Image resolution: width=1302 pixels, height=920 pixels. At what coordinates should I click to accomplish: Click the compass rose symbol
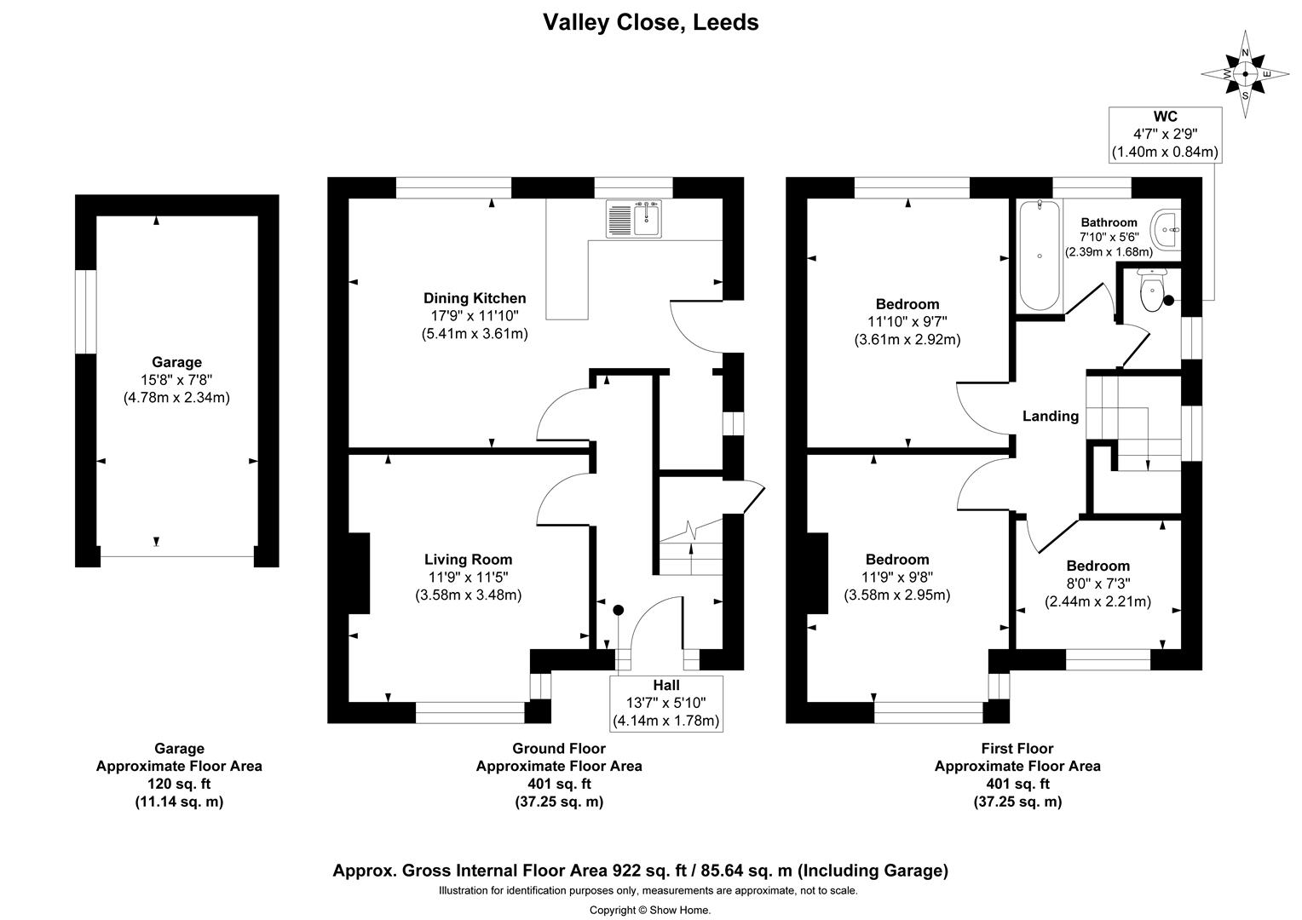pyautogui.click(x=1245, y=74)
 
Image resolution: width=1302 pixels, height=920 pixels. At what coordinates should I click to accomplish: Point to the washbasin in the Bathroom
pyautogui.click(x=1167, y=228)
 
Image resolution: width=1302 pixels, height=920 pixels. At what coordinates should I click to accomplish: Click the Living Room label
pyautogui.click(x=468, y=560)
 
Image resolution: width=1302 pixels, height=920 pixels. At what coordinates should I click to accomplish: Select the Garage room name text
pyautogui.click(x=176, y=362)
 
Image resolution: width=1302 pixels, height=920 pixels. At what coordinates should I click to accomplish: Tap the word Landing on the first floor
pyautogui.click(x=1050, y=416)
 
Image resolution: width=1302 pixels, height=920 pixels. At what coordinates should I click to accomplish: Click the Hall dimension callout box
pyautogui.click(x=666, y=704)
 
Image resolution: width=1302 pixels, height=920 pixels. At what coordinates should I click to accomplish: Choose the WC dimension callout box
pyautogui.click(x=1164, y=135)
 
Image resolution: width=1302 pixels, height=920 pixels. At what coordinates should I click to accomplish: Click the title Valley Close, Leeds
pyautogui.click(x=651, y=22)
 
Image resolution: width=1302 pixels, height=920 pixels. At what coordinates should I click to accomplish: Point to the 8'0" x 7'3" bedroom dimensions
pyautogui.click(x=1097, y=584)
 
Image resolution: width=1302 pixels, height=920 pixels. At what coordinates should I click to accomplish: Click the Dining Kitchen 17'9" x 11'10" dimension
pyautogui.click(x=475, y=316)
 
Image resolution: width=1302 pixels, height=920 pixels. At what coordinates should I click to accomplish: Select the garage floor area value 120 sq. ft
pyautogui.click(x=179, y=784)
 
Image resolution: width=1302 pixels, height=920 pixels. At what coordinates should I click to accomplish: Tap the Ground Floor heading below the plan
pyautogui.click(x=558, y=749)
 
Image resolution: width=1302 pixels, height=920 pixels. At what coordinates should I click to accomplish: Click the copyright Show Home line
pyautogui.click(x=650, y=910)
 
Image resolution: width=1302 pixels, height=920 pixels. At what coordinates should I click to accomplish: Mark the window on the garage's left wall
pyautogui.click(x=86, y=312)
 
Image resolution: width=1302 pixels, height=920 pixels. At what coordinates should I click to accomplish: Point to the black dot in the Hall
pyautogui.click(x=619, y=610)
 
